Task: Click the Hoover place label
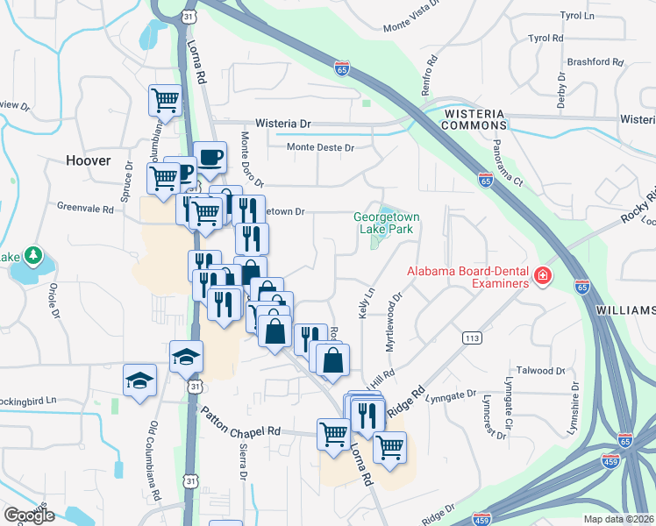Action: tap(89, 160)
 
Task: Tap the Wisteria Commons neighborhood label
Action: tap(474, 120)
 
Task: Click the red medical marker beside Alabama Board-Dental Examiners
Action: tap(543, 277)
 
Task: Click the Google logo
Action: tap(29, 515)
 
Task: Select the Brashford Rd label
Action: tap(595, 62)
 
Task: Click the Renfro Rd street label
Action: tap(429, 77)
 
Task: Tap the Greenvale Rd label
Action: tap(86, 210)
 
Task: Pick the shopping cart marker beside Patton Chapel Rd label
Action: tap(333, 432)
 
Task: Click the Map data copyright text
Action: tap(619, 519)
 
